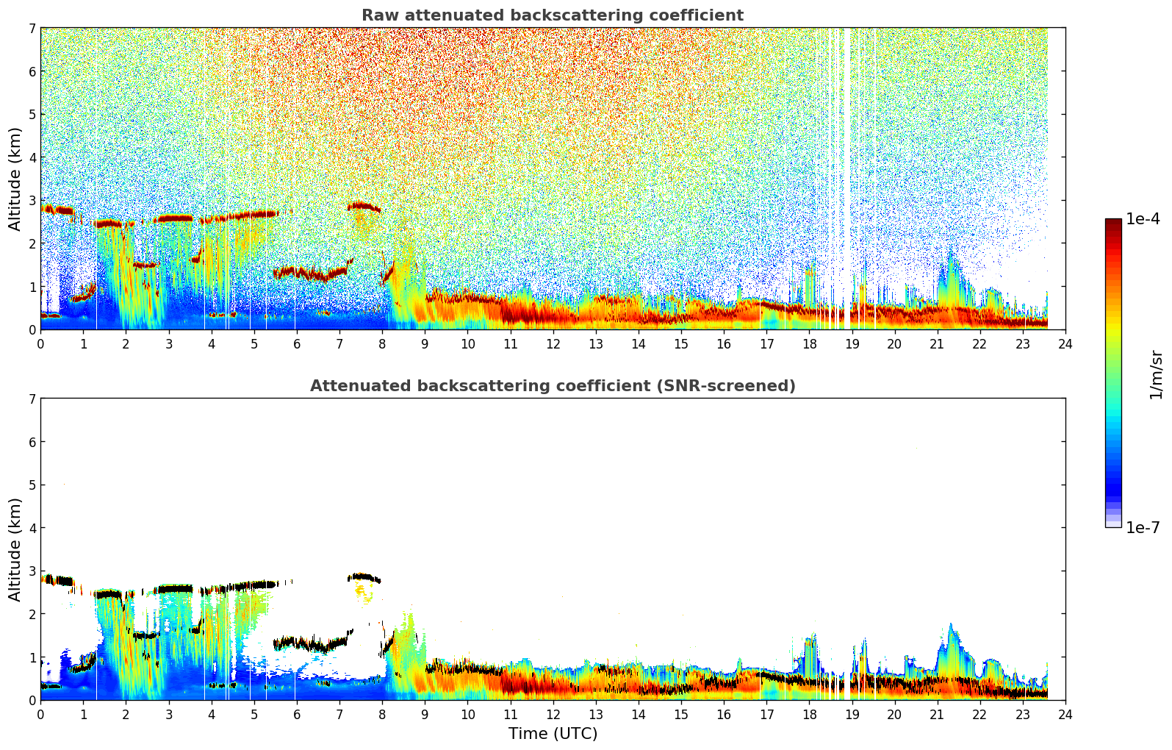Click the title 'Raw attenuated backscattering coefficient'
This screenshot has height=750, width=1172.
(x=552, y=15)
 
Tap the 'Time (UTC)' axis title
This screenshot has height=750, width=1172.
(x=553, y=733)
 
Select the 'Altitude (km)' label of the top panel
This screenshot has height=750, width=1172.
(x=15, y=179)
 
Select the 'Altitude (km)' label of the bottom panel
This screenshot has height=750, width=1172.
(x=15, y=549)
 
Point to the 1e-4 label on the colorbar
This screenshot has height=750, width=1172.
(x=1143, y=219)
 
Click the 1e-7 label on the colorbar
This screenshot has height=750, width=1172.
(x=1143, y=527)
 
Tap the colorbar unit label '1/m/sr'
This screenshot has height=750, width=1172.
(x=1156, y=375)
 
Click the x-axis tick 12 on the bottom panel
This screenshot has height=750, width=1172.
(x=553, y=715)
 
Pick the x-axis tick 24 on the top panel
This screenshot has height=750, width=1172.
(x=1065, y=344)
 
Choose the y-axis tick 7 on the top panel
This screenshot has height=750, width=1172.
(x=32, y=29)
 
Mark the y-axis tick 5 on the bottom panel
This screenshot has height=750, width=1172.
(x=32, y=485)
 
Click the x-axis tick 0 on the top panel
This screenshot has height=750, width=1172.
(x=40, y=344)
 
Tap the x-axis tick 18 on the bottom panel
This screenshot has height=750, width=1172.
(x=809, y=715)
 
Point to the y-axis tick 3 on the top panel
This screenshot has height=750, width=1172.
(x=32, y=201)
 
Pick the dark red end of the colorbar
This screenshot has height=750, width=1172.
(x=1113, y=223)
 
